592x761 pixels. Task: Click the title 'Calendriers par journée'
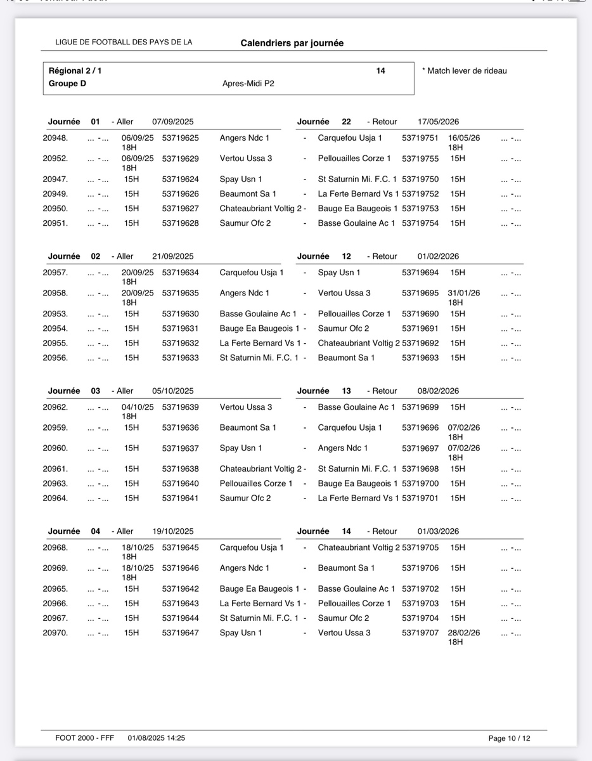click(x=292, y=43)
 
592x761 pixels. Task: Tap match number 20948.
click(x=55, y=138)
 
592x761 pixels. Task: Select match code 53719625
click(x=180, y=138)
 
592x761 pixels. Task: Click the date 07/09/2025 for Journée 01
click(x=173, y=122)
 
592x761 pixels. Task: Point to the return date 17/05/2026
click(x=438, y=122)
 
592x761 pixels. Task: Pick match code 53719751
click(x=420, y=138)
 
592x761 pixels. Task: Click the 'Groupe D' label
click(x=67, y=84)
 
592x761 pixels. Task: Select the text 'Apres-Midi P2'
click(x=248, y=84)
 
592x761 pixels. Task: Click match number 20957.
click(x=55, y=273)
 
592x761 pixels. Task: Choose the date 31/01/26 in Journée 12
click(x=464, y=293)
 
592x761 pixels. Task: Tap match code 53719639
click(x=180, y=407)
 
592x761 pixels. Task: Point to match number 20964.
click(x=55, y=498)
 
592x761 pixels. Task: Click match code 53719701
click(x=420, y=498)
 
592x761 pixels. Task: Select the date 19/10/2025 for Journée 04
click(x=173, y=531)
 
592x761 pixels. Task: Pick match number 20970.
click(x=55, y=633)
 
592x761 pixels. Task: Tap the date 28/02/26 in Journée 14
click(x=464, y=633)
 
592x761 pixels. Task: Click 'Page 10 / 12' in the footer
click(x=509, y=738)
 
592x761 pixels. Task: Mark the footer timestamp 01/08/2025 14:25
click(x=157, y=738)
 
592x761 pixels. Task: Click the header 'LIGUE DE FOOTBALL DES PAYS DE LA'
click(x=124, y=42)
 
